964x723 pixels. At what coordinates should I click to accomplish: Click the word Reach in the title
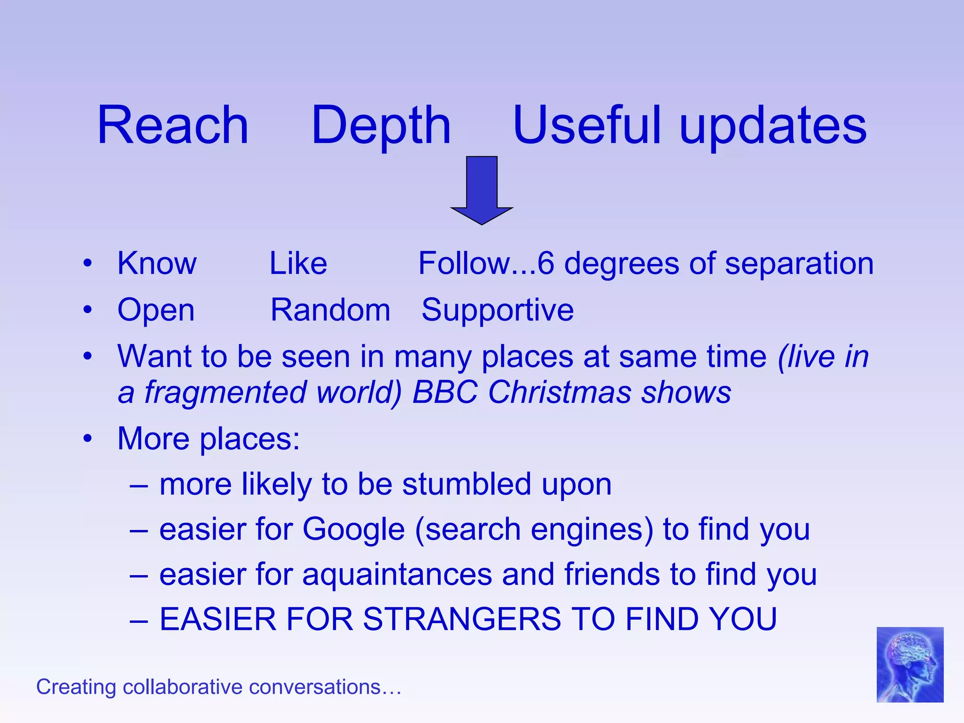(x=173, y=126)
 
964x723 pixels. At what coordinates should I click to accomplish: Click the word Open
(x=156, y=311)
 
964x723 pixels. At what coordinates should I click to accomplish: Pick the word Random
(x=330, y=310)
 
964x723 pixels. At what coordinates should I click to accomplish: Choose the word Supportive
(x=497, y=311)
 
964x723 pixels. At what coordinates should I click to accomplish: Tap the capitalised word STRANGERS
(x=462, y=619)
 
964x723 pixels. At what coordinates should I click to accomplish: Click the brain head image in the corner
(x=909, y=664)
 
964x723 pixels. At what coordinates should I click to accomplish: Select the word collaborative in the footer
(x=185, y=687)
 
